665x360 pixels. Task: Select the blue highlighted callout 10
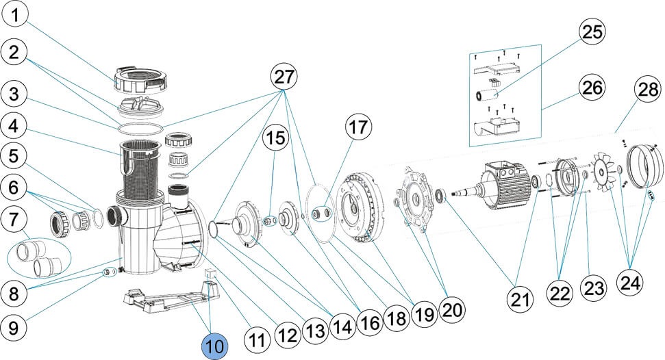tap(214, 346)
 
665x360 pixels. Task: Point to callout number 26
tap(593, 88)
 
